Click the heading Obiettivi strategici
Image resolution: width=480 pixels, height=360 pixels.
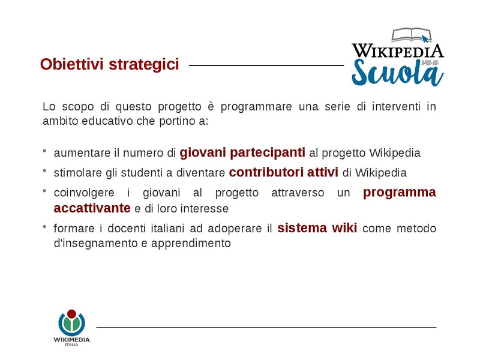click(109, 64)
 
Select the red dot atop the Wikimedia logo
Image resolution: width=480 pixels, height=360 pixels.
click(71, 314)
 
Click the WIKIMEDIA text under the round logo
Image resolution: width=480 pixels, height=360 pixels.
click(71, 340)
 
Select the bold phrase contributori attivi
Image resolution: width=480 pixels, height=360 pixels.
click(284, 172)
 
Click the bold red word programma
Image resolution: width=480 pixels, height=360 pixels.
click(400, 193)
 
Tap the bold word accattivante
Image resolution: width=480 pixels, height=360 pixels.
click(92, 208)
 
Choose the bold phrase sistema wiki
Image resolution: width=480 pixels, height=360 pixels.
click(317, 228)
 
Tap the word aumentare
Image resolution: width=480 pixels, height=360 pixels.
click(79, 153)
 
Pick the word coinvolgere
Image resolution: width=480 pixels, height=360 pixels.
click(83, 193)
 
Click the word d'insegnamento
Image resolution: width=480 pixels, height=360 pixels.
click(90, 244)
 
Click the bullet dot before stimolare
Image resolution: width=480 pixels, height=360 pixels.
click(45, 172)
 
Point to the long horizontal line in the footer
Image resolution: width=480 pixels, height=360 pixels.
click(266, 327)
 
